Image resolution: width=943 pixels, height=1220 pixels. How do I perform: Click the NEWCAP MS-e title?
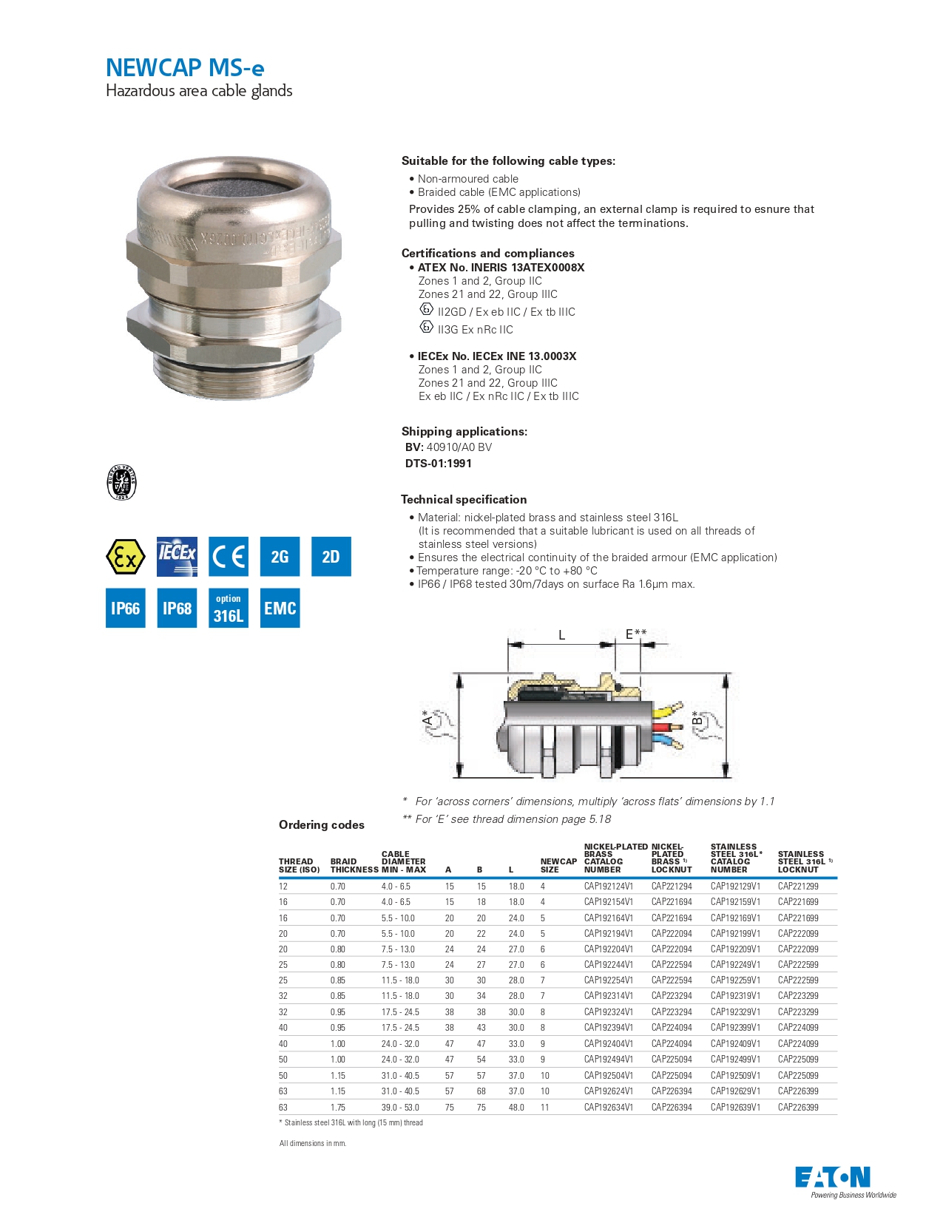tap(185, 68)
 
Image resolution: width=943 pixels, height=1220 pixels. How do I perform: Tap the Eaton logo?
tap(832, 1176)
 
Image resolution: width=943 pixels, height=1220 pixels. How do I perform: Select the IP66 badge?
tap(125, 608)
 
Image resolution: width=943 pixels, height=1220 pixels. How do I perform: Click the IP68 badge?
tap(177, 608)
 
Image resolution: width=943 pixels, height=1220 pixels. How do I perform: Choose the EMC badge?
tap(280, 608)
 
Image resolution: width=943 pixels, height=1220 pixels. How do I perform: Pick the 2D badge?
tap(331, 556)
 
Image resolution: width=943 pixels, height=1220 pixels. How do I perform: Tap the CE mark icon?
tap(228, 556)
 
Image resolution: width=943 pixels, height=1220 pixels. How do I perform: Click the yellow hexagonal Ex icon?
tap(125, 556)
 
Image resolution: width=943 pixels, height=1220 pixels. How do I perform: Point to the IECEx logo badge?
tap(177, 556)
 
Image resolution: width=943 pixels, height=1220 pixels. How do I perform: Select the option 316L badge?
tap(228, 608)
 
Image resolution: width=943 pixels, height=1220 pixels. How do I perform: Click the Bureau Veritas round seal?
tap(122, 483)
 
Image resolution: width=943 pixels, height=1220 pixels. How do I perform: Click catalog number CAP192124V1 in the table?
tap(608, 886)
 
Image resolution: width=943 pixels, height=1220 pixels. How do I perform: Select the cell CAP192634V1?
tap(608, 1107)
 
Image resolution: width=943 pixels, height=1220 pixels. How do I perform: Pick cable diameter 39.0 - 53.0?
tap(400, 1107)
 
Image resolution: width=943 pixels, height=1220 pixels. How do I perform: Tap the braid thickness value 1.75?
tap(337, 1107)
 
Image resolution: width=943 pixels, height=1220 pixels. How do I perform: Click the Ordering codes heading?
tap(321, 824)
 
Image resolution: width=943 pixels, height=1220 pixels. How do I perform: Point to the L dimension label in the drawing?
tap(561, 634)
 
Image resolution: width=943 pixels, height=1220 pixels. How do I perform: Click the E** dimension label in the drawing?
tap(635, 634)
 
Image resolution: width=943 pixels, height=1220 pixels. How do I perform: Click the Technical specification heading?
tap(464, 499)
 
